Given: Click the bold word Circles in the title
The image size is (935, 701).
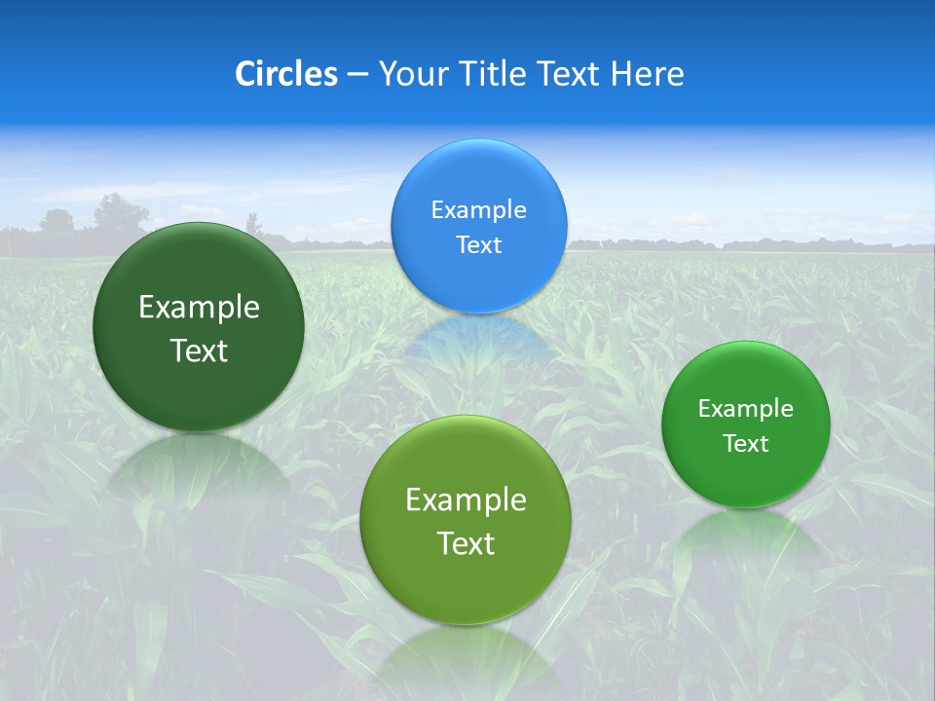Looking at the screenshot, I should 285,74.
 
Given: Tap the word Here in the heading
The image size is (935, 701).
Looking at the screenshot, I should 647,74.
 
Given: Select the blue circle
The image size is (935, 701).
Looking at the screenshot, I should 478,227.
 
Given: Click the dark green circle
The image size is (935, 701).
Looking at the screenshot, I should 199,327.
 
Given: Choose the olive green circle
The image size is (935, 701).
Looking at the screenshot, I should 466,520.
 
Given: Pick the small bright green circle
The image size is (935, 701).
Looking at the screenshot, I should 746,424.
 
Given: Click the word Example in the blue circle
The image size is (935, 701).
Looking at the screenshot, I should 478,210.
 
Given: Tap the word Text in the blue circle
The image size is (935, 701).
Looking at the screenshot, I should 478,245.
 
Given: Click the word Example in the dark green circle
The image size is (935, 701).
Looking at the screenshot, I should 199,308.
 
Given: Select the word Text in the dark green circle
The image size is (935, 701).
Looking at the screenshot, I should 199,350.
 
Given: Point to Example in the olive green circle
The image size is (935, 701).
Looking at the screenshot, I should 466,500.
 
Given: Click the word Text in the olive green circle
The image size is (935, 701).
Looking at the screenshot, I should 466,543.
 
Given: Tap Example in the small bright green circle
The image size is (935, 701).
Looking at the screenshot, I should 746,409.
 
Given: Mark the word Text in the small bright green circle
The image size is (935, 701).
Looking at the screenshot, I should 746,444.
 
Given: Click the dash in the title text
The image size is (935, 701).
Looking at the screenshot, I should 357,75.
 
